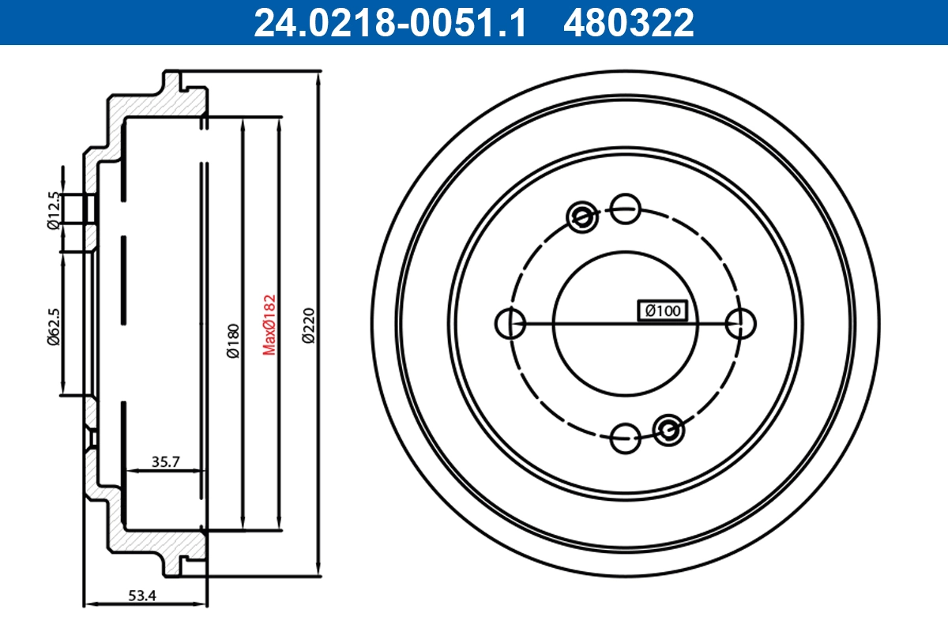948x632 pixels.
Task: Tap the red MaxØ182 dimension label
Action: [270, 324]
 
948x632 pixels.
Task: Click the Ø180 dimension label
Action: [233, 341]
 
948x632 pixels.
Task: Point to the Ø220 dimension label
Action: [308, 325]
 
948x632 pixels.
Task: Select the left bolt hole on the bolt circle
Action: [510, 322]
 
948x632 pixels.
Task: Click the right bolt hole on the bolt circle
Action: [741, 322]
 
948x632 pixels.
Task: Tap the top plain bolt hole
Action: [626, 209]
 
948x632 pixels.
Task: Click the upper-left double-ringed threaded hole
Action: [582, 215]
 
